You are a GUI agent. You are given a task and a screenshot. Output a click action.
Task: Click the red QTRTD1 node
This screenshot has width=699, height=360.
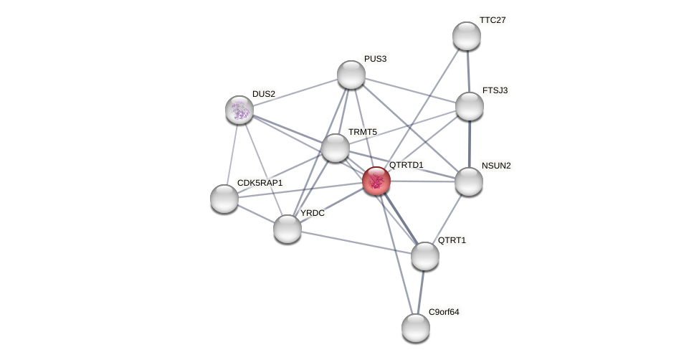tap(376, 180)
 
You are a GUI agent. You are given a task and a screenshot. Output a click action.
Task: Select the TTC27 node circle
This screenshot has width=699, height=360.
tap(467, 36)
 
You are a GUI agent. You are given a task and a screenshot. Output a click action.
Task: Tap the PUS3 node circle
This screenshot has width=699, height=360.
tap(351, 75)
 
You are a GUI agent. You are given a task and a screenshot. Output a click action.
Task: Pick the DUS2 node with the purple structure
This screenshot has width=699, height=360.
tap(239, 110)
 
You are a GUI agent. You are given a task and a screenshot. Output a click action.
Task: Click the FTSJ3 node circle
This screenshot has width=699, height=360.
tap(470, 106)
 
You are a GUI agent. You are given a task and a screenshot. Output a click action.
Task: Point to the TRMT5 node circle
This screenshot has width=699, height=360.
tap(336, 148)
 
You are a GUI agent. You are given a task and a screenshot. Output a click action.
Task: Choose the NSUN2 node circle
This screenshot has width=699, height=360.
tap(469, 181)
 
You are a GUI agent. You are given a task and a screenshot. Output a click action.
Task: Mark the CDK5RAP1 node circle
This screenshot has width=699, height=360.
tap(224, 199)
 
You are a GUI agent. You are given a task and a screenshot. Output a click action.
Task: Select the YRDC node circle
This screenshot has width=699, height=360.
tap(287, 229)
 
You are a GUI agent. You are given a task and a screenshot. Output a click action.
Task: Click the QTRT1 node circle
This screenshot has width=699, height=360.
tap(425, 256)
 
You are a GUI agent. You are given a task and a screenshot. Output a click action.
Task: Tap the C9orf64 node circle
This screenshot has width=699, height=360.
tap(416, 328)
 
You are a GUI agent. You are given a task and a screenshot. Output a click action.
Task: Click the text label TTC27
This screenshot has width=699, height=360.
tap(493, 20)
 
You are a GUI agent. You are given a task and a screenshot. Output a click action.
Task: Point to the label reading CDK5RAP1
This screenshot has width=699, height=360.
tap(260, 183)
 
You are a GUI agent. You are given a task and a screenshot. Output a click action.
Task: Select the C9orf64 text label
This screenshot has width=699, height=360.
tap(444, 312)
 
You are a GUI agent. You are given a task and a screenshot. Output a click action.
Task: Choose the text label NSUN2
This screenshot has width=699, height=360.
tap(496, 166)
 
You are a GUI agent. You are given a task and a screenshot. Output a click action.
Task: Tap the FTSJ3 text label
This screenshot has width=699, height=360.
tap(495, 90)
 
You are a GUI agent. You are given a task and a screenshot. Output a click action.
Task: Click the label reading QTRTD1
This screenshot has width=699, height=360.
tap(406, 165)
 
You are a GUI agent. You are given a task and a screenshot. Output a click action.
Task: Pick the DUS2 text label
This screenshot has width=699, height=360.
tap(263, 94)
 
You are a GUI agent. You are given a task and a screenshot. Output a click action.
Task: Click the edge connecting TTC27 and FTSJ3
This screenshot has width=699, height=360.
tap(468, 71)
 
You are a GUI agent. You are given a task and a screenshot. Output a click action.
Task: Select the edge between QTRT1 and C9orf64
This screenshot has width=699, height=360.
tap(421, 292)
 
